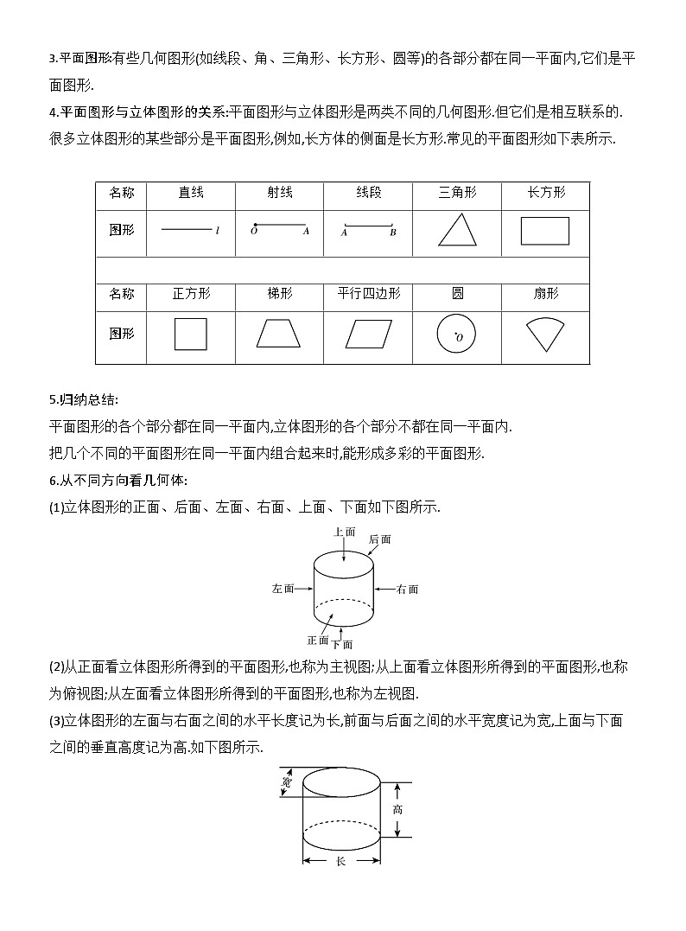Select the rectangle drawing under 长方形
(x=545, y=231)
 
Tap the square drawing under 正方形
(x=191, y=334)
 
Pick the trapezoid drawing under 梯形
(x=278, y=334)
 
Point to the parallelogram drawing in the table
(x=368, y=334)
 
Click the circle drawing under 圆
(x=457, y=334)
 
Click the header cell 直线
(x=191, y=193)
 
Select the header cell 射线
(x=278, y=193)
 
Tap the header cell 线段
(x=368, y=193)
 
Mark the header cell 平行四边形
(x=368, y=294)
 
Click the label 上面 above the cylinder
(x=344, y=532)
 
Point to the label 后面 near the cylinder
(x=379, y=539)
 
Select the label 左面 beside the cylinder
(x=283, y=589)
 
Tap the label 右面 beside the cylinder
(x=408, y=590)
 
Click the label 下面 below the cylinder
(x=342, y=644)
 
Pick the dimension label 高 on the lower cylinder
(x=397, y=810)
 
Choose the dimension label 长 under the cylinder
(x=340, y=861)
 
